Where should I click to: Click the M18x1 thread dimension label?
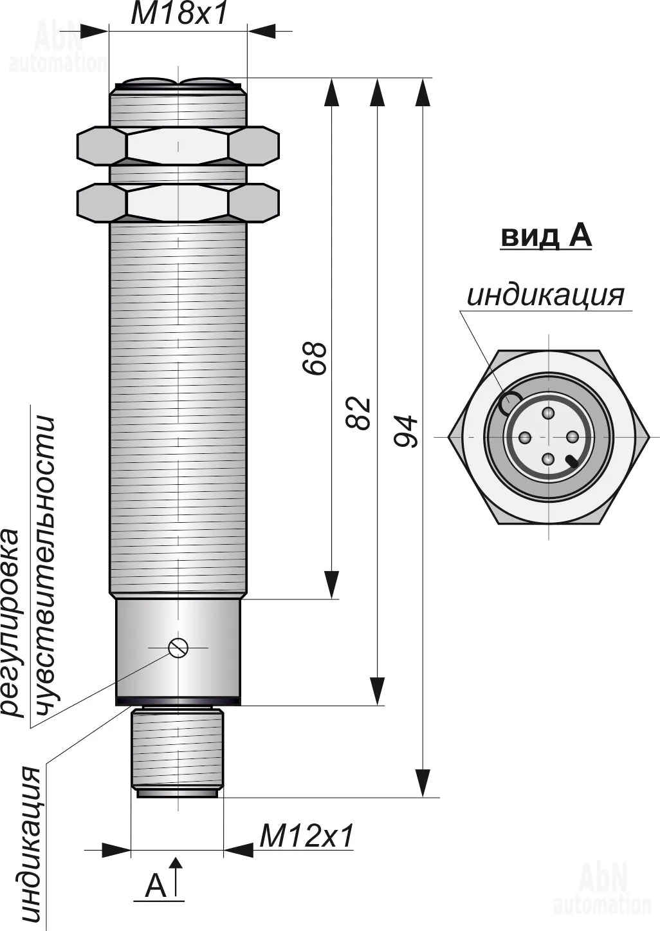tap(179, 14)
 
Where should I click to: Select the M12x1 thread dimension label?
tap(306, 836)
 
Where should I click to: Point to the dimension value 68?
tap(315, 358)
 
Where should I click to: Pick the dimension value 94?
tap(406, 431)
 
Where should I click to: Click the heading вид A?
tap(545, 236)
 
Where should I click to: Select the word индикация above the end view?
tap(545, 295)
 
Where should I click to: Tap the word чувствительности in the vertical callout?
tap(44, 567)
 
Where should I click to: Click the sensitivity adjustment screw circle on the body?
tap(178, 647)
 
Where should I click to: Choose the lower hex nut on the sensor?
tap(178, 203)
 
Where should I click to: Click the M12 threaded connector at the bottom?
tap(177, 750)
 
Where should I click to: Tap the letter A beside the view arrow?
tap(155, 886)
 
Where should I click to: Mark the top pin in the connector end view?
tap(548, 413)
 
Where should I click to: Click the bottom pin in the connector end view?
tap(548, 459)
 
